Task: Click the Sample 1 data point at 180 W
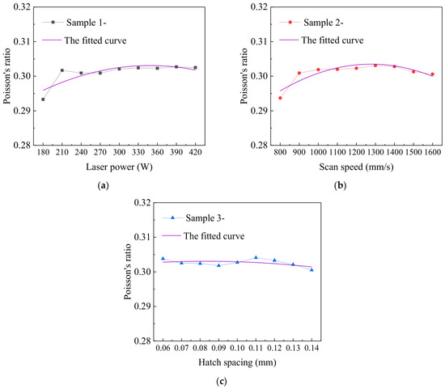43,99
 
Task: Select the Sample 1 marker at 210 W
62,70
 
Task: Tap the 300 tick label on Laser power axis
119,152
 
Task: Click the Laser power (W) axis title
119,167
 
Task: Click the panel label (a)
103,186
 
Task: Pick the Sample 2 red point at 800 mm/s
280,98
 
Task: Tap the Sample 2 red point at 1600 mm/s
433,74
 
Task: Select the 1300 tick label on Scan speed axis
375,152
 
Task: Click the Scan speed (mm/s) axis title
356,167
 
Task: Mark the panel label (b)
341,186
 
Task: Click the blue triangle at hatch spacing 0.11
256,257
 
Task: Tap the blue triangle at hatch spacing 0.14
311,270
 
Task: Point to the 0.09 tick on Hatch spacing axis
218,348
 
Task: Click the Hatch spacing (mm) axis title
237,362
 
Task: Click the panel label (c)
222,382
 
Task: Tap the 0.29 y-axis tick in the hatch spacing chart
142,307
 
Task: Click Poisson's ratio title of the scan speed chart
244,76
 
